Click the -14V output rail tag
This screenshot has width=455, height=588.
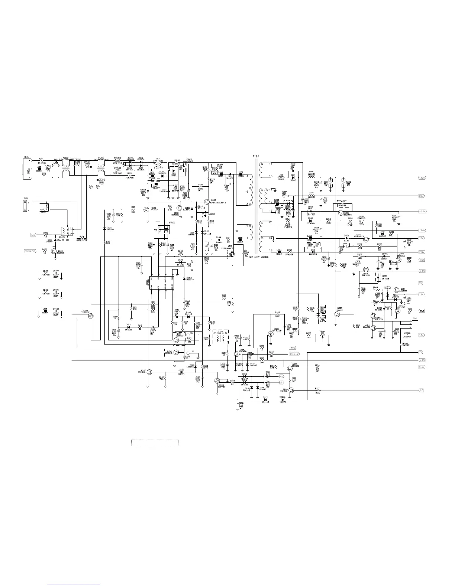pos(422,211)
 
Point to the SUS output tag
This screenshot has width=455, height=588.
pos(422,260)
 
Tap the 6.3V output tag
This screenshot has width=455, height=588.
pos(422,367)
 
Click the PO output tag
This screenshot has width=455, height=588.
pos(422,391)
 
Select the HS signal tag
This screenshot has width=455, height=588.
pos(281,376)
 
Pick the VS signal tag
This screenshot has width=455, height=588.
pos(281,382)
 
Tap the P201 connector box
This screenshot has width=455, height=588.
pos(414,324)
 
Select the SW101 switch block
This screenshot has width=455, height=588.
pos(162,230)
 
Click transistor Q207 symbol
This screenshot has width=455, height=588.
pos(337,314)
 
